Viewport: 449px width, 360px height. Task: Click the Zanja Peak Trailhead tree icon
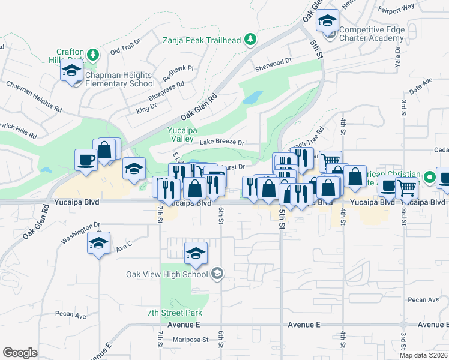[251, 40]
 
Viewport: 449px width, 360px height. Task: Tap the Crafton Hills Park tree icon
[93, 55]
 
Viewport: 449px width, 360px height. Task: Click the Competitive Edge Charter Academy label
[371, 33]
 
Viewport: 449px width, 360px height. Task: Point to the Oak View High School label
[167, 274]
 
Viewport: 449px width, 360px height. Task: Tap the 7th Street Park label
[175, 313]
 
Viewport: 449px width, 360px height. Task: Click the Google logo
[20, 352]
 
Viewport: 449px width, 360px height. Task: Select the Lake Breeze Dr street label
[222, 143]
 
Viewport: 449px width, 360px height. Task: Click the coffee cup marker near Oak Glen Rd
[85, 160]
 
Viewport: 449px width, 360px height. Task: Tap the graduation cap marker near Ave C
[98, 243]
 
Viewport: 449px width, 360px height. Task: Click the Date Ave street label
[420, 85]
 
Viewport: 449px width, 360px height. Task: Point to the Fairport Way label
[397, 8]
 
